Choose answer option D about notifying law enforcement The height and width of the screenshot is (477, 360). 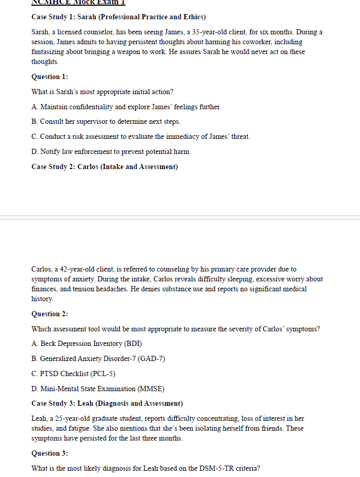[111, 151]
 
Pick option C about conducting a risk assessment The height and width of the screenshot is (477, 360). [140, 136]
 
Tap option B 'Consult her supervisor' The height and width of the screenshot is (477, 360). [106, 121]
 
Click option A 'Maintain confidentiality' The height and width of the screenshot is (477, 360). [126, 107]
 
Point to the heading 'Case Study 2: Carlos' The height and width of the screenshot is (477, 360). [105, 166]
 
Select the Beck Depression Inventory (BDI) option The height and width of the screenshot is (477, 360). [87, 343]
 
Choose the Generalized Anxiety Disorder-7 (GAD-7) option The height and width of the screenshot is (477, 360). [98, 358]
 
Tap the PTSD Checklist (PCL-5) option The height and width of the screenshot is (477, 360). [73, 373]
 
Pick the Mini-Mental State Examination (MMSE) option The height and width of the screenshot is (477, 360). [97, 389]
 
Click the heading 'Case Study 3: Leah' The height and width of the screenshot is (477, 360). [107, 403]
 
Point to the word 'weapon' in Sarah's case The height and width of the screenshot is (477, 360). [162, 51]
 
